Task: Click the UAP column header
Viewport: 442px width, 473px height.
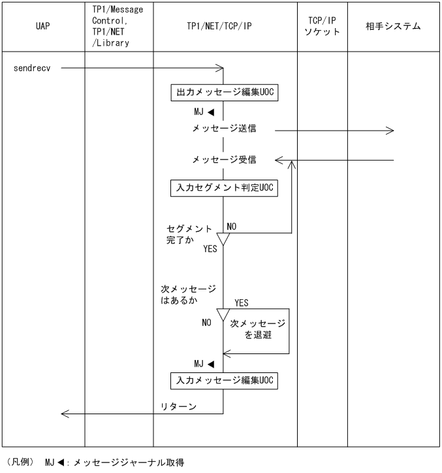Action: click(43, 27)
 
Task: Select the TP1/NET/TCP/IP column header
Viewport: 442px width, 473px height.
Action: click(225, 27)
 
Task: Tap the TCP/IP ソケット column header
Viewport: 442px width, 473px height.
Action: click(322, 26)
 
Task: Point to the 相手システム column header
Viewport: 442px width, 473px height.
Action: click(393, 27)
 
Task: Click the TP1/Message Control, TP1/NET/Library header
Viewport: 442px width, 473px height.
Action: click(119, 26)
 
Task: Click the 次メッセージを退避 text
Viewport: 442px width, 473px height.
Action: click(257, 329)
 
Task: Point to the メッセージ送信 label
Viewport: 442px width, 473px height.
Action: click(224, 129)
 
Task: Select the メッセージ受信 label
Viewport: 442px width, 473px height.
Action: click(224, 159)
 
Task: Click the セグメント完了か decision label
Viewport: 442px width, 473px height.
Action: click(189, 235)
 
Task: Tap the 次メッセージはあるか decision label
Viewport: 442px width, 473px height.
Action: click(188, 295)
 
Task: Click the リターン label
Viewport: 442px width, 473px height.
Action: click(179, 406)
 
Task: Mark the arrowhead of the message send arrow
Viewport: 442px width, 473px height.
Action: click(390, 131)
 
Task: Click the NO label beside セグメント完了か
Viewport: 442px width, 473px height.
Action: click(231, 227)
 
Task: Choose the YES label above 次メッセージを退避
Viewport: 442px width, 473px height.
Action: click(241, 303)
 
